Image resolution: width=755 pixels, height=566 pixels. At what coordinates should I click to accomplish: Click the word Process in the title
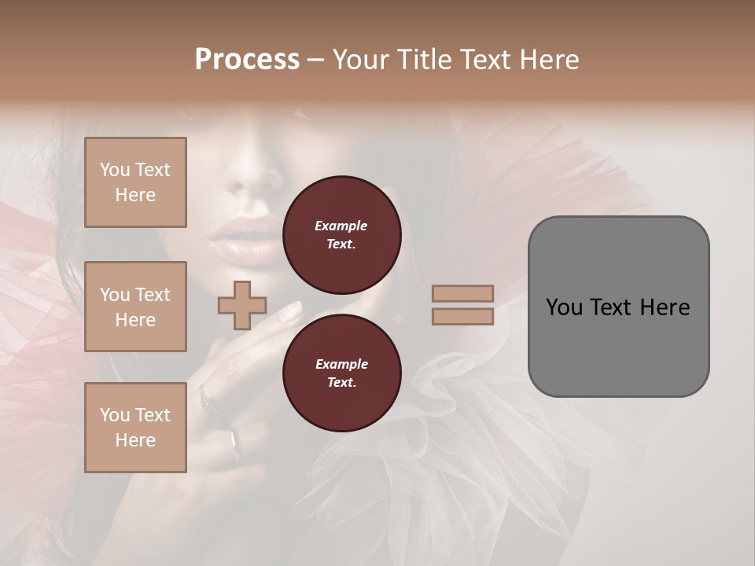coord(247,60)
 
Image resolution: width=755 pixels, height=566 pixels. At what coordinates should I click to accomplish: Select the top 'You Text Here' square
coord(135,182)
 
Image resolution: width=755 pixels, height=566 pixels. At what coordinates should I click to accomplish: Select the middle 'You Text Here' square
coord(135,307)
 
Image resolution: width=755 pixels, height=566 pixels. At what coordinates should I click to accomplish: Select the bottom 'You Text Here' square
coord(135,428)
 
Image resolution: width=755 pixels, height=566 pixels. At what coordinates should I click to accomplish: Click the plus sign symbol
coord(242,305)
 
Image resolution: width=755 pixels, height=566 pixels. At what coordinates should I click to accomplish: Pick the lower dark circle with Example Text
coord(342,373)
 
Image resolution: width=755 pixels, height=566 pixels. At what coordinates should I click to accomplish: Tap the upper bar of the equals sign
coord(463,293)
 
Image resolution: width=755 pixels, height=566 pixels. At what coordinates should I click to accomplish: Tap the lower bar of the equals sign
coord(463,316)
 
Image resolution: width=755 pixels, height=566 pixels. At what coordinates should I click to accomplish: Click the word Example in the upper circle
coord(341,226)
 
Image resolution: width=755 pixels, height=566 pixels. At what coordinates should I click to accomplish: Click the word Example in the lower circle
coord(341,364)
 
